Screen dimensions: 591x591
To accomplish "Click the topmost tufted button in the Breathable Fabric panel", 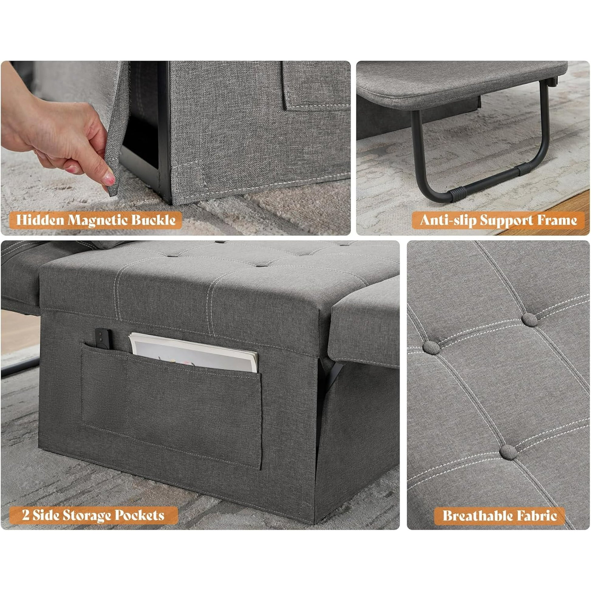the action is (530, 320).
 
